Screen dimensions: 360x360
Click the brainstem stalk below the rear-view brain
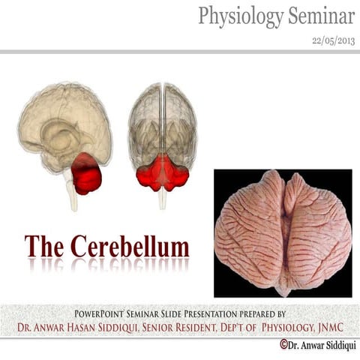[x=162, y=196]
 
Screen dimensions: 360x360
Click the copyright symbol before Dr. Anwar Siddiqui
[x=284, y=344]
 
